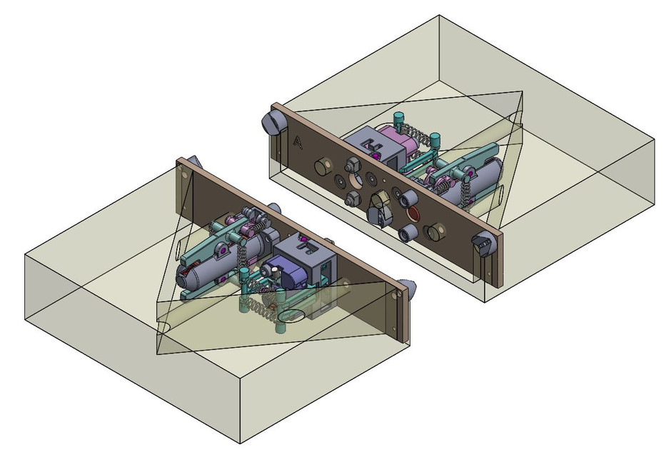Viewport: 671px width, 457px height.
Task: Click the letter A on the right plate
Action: point(298,142)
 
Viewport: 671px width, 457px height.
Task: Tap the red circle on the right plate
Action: point(413,212)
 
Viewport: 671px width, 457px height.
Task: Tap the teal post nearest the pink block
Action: point(399,119)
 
